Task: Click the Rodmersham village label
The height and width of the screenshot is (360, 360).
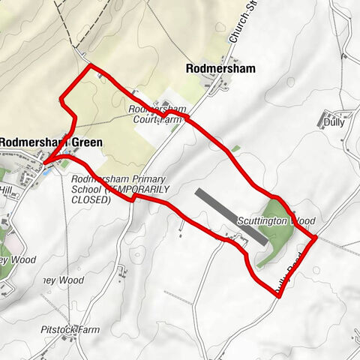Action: point(220,68)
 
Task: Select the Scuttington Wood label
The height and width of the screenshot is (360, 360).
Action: point(276,222)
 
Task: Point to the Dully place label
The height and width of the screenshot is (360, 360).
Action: point(334,122)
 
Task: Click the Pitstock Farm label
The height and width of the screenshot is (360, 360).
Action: point(71,329)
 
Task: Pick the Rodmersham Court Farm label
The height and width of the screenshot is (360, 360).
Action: point(158,113)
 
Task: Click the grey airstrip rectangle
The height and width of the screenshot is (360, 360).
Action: point(230,216)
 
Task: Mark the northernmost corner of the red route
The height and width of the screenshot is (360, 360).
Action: point(92,66)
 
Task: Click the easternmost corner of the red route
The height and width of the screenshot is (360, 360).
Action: point(315,238)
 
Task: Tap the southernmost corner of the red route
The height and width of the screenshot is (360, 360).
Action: point(279,296)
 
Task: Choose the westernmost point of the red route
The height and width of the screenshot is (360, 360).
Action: point(43,161)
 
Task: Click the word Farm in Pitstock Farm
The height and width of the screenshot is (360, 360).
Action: point(87,329)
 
